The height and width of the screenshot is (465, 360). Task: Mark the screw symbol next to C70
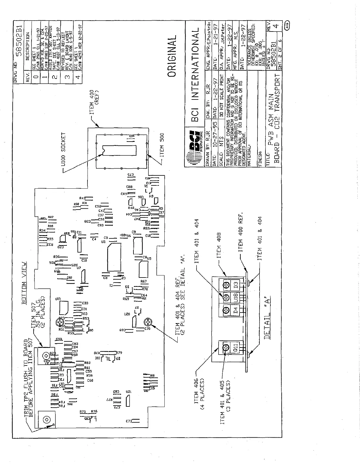coord(147,322)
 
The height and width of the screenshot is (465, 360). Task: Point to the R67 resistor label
coord(143,281)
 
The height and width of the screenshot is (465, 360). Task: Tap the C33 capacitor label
coord(85,303)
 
